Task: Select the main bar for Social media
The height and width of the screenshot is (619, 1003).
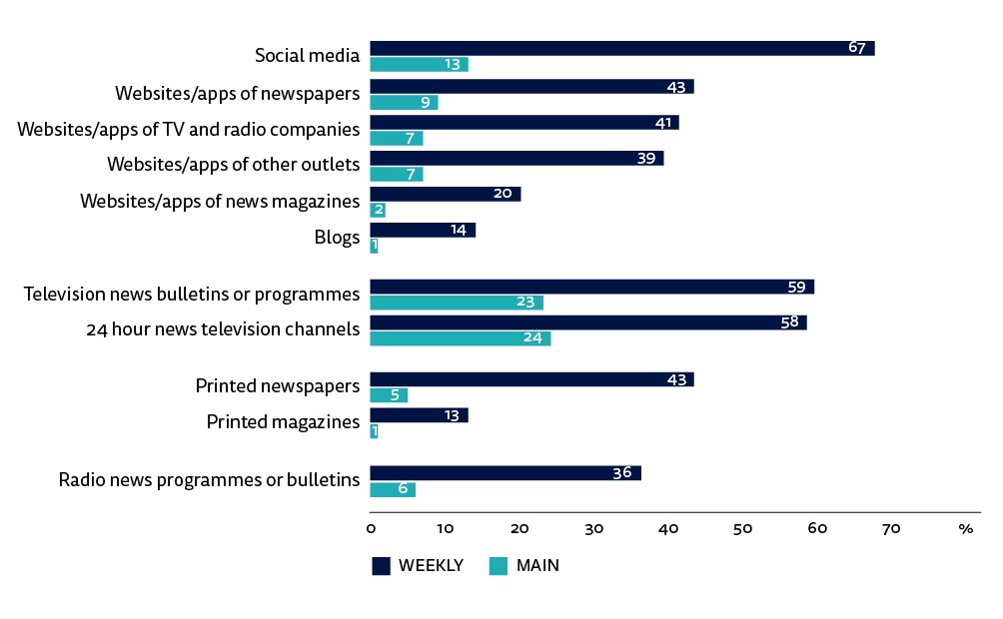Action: pyautogui.click(x=419, y=65)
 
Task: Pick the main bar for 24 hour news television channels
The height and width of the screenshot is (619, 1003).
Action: pyautogui.click(x=460, y=338)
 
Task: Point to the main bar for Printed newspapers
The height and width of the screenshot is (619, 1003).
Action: pyautogui.click(x=389, y=395)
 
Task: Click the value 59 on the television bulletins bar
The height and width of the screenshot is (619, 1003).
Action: pyautogui.click(x=796, y=288)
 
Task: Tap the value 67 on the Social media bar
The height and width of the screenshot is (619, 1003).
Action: pyautogui.click(x=856, y=49)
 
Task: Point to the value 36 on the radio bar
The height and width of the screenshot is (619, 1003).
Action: pyautogui.click(x=622, y=473)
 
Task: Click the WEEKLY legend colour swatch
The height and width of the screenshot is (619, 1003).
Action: pyautogui.click(x=381, y=567)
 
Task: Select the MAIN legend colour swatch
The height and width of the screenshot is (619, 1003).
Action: pyautogui.click(x=498, y=567)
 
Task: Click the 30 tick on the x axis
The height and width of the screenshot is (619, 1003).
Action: pyautogui.click(x=593, y=529)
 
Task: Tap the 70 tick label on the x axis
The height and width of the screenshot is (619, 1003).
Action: pyautogui.click(x=891, y=529)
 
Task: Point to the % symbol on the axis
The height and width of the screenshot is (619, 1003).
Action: pyautogui.click(x=965, y=529)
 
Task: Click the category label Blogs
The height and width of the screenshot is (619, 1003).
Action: pyautogui.click(x=337, y=238)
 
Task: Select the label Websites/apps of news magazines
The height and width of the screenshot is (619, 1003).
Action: pyautogui.click(x=220, y=202)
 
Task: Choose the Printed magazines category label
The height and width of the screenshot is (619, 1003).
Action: pyautogui.click(x=283, y=422)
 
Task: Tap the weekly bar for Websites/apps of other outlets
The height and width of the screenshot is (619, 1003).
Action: pyautogui.click(x=516, y=158)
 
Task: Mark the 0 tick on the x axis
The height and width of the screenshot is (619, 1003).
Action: pyautogui.click(x=371, y=529)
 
